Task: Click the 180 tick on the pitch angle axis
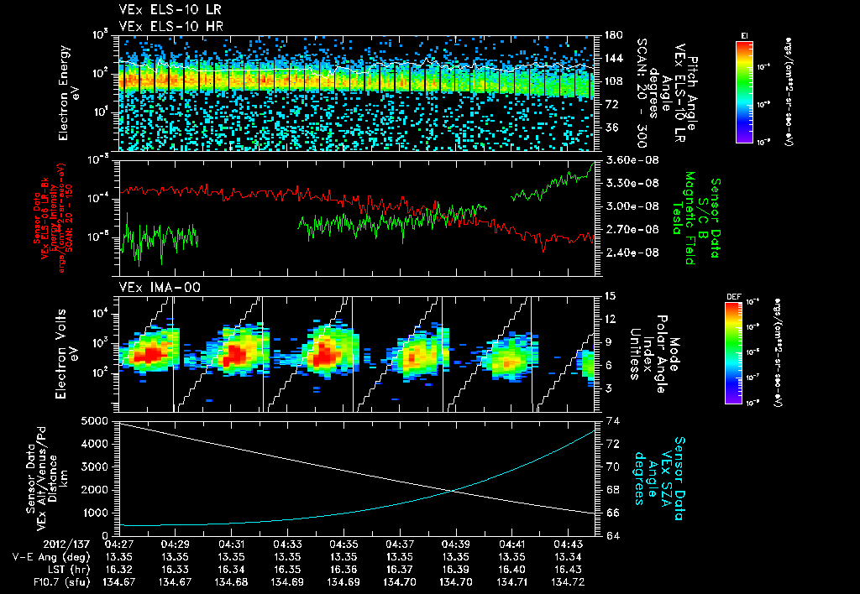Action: (x=613, y=35)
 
